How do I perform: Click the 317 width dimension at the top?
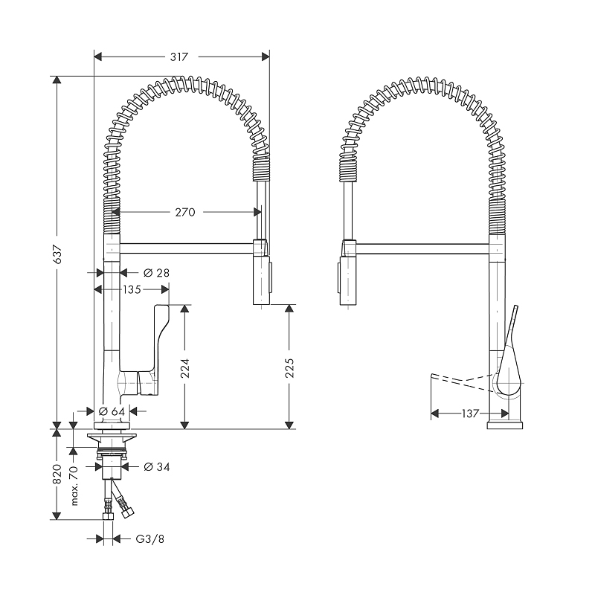coord(178,57)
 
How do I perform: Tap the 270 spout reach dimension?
coord(184,212)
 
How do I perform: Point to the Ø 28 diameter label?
coord(156,273)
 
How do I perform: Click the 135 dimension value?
coord(132,289)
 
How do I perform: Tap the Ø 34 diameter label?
coord(156,466)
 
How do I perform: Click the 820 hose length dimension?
coord(57,475)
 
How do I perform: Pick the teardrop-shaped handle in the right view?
coord(509,364)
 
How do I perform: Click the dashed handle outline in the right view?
coord(461,381)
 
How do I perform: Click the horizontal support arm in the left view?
coord(186,246)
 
